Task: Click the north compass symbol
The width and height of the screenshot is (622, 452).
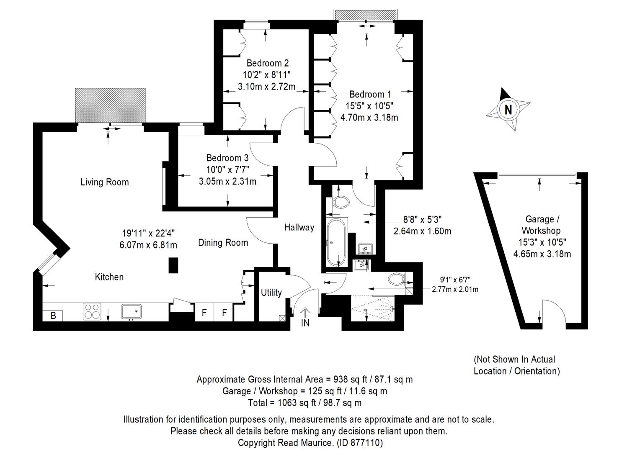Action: point(508,110)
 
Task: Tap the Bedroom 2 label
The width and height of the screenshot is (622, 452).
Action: point(267,63)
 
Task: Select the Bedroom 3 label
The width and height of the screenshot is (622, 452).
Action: point(227,158)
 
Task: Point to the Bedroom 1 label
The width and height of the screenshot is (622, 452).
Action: point(370,94)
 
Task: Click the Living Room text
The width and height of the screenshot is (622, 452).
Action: point(104,182)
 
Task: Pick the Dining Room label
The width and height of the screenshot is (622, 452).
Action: point(223,243)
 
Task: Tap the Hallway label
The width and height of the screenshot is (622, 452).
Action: point(299,227)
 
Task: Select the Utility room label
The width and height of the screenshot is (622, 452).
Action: point(271,293)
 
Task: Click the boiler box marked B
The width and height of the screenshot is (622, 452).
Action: point(53,316)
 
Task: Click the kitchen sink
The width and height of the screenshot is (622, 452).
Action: point(132,312)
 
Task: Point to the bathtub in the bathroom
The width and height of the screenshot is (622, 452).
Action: point(336,242)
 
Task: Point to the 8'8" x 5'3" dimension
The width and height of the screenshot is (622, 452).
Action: point(422,219)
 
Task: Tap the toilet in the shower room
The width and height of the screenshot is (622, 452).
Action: point(395,278)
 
